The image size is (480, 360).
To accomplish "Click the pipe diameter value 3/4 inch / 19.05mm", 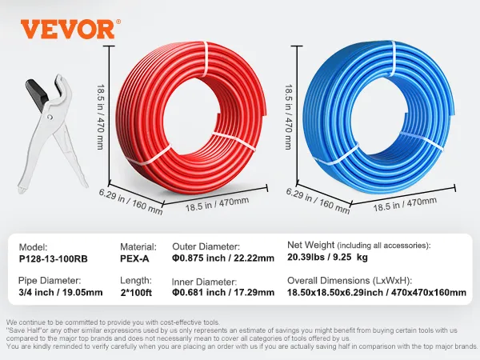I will [x=62, y=294].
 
